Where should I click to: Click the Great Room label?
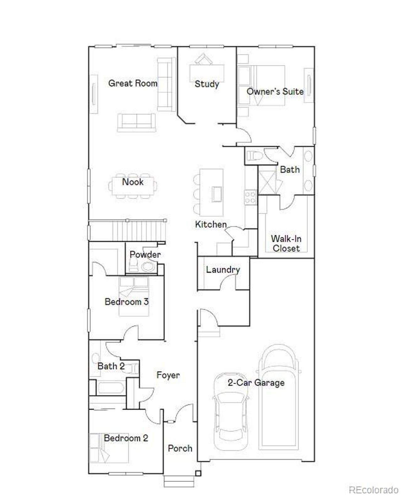click(x=133, y=83)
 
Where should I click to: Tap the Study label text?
click(x=207, y=84)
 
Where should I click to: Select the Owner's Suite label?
click(x=275, y=92)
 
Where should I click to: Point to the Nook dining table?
click(x=133, y=186)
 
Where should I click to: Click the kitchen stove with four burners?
click(x=251, y=198)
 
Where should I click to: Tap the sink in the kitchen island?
click(x=217, y=194)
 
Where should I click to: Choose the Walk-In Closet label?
click(x=286, y=243)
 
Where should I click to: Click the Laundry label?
click(x=223, y=270)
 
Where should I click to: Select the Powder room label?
click(x=145, y=254)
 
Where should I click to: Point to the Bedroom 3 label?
click(x=127, y=302)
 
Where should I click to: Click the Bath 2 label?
click(x=111, y=366)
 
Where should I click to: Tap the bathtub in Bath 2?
click(x=110, y=388)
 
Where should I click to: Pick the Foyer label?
click(x=168, y=375)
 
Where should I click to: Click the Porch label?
click(x=180, y=448)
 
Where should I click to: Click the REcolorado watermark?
click(x=373, y=489)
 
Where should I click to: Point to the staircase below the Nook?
click(x=127, y=230)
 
